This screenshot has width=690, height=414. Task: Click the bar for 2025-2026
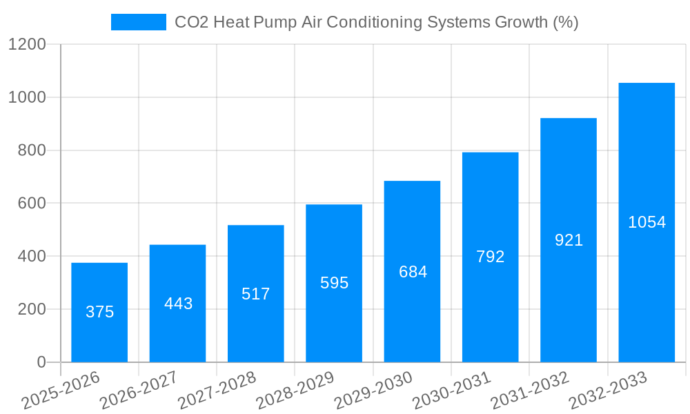pyautogui.click(x=99, y=312)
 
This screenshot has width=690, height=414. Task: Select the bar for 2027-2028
pyautogui.click(x=255, y=293)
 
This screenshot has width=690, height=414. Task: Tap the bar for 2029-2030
pyautogui.click(x=412, y=271)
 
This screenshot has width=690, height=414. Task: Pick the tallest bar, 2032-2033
pyautogui.click(x=647, y=222)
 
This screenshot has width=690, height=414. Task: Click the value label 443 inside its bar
pyautogui.click(x=178, y=304)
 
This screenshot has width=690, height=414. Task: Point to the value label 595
pyautogui.click(x=334, y=283)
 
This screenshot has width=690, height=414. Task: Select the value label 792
pyautogui.click(x=491, y=257)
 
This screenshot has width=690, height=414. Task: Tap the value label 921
pyautogui.click(x=569, y=240)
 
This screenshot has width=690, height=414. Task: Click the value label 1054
pyautogui.click(x=647, y=222)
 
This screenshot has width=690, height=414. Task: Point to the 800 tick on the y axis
pyautogui.click(x=32, y=150)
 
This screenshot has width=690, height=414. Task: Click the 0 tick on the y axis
pyautogui.click(x=41, y=362)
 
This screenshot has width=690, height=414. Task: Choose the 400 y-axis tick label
pyautogui.click(x=32, y=257)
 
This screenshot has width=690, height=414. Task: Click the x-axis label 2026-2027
pyautogui.click(x=139, y=391)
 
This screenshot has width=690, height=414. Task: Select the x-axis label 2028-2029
pyautogui.click(x=295, y=391)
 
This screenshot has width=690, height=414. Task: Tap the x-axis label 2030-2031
pyautogui.click(x=452, y=391)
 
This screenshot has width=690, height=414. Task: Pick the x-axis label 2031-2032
pyautogui.click(x=530, y=391)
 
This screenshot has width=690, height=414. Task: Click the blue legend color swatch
pyautogui.click(x=138, y=22)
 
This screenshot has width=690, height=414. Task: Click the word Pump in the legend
pyautogui.click(x=275, y=22)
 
